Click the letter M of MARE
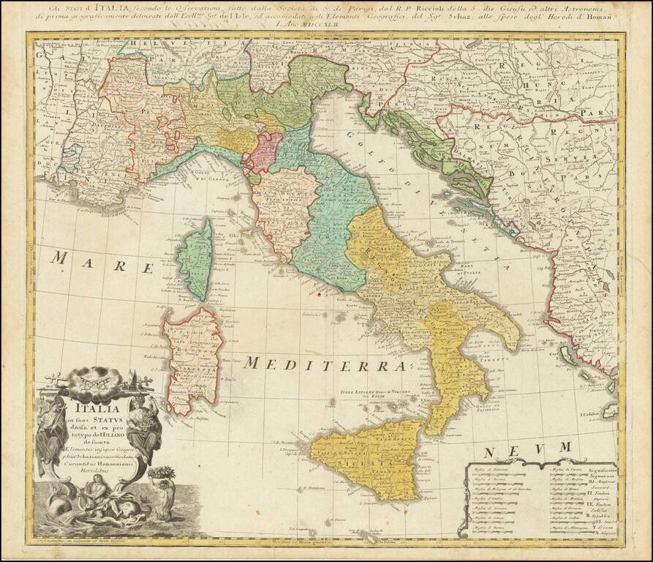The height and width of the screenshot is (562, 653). pos(61,258)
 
